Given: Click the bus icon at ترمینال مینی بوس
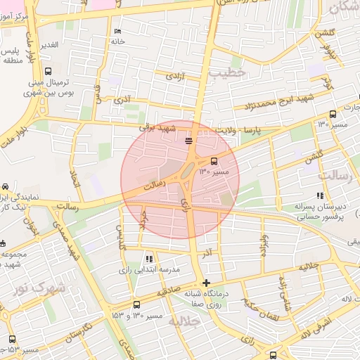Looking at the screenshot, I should point(48,72).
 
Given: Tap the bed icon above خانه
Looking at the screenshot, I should point(117,32).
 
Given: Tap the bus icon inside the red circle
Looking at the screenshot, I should point(214,161).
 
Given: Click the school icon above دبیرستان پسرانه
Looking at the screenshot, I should point(321,196).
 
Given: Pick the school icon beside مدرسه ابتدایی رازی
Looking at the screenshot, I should point(148,259).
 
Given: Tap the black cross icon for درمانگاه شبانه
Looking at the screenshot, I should point(206,283).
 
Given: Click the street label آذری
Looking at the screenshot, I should point(121,102).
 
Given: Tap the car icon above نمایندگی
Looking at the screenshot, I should point(5,186).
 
